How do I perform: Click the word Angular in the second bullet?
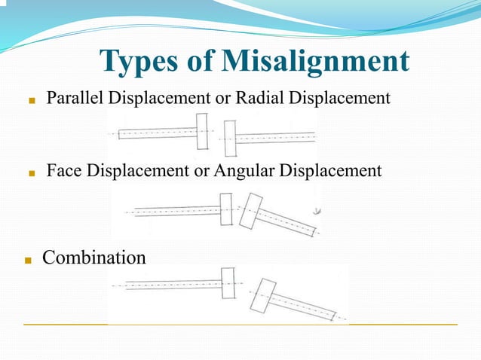coord(245,171)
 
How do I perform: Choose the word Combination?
coord(94,258)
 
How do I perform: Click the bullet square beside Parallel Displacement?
coord(32,99)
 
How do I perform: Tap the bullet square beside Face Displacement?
coord(32,172)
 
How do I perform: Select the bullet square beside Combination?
coord(28,260)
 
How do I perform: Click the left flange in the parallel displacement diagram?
coord(201,131)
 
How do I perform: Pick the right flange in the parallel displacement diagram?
coord(230,138)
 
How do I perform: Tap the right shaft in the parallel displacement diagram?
coord(275,138)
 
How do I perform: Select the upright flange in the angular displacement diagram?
coord(225,209)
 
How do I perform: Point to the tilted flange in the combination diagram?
coord(261,296)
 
